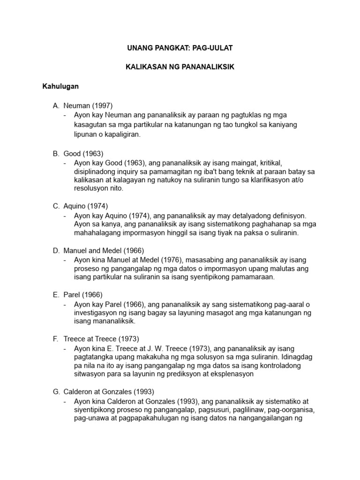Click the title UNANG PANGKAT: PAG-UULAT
180,48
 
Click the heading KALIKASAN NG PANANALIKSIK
180,67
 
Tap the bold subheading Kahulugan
60,87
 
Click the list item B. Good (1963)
78,153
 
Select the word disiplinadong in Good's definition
96,171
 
